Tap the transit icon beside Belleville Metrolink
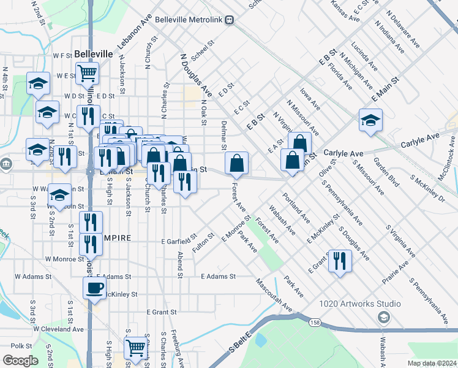tap(229, 20)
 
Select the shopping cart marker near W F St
tap(88, 74)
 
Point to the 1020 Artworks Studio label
tap(360, 304)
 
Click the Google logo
tap(21, 361)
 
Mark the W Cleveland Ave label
tap(59, 329)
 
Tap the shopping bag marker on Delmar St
tap(236, 163)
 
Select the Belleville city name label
tap(94, 54)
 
